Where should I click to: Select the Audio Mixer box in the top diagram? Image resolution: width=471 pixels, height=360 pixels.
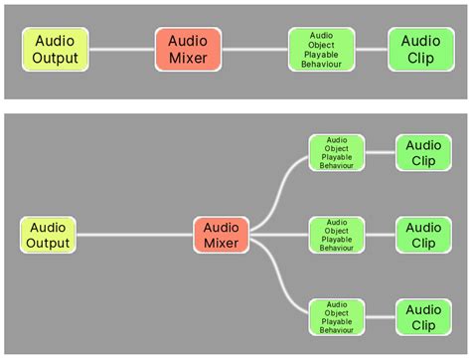[188, 49]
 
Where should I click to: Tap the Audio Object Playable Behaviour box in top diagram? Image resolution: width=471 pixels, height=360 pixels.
[321, 49]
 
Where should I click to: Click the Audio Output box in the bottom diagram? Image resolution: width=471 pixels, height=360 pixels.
[48, 235]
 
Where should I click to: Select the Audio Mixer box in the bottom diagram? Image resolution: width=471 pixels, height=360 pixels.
[222, 235]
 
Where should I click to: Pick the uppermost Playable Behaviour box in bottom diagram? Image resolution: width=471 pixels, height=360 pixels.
[337, 152]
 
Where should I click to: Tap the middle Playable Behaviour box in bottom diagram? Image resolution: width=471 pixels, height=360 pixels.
[337, 235]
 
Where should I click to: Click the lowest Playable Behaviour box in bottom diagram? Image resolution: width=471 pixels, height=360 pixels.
[337, 316]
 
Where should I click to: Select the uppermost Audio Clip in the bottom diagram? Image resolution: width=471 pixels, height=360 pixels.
[423, 152]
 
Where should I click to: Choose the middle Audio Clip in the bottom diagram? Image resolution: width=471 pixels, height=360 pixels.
[423, 235]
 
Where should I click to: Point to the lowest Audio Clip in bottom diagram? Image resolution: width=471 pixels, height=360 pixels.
[423, 316]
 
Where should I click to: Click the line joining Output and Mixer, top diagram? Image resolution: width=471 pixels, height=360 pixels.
[122, 49]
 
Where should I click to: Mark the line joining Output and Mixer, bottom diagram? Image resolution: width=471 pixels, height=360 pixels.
[134, 235]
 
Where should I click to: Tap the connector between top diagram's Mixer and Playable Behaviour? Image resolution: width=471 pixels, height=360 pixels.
[254, 49]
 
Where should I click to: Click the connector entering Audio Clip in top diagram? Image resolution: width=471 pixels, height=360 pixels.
[372, 49]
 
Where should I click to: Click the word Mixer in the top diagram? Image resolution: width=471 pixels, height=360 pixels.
[188, 58]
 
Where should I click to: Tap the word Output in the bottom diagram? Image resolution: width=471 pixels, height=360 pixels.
[48, 244]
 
